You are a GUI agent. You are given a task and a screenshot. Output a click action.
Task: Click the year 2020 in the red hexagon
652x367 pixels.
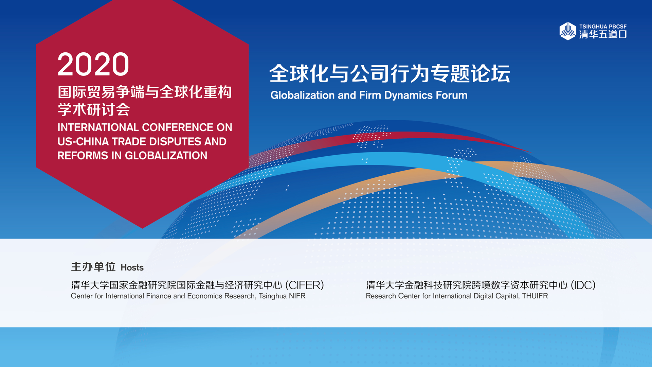93,64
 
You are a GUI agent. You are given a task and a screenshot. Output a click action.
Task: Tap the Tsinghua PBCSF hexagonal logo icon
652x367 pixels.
568,31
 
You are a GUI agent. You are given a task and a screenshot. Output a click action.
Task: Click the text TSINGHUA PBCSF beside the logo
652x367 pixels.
603,27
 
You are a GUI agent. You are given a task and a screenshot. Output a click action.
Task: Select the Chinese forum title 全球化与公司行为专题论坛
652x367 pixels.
390,73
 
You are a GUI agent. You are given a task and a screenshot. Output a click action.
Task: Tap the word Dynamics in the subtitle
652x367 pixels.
409,95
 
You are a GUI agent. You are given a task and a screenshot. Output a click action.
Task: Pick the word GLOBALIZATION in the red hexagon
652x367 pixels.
166,156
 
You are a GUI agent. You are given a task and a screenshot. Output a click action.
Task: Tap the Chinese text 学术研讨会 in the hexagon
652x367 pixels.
94,109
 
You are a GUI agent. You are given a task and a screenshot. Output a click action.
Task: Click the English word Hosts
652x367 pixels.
132,268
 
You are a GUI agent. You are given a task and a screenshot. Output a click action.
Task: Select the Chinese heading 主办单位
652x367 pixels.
93,267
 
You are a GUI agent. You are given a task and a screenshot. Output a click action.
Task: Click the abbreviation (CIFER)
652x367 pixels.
305,285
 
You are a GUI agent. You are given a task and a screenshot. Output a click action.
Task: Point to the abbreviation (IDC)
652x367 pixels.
583,285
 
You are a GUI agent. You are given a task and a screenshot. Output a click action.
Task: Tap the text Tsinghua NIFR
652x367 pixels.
282,296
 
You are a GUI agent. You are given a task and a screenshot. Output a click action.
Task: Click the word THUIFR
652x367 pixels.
535,296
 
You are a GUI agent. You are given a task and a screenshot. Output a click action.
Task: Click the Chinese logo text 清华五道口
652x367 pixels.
603,34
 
